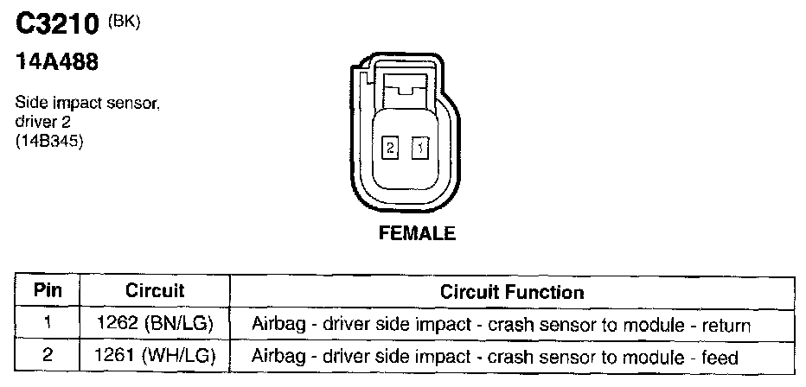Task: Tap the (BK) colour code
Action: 124,22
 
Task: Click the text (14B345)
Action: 49,142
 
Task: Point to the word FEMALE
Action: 417,233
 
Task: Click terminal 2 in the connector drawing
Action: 390,149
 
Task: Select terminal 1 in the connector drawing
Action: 419,149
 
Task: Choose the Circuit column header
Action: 155,291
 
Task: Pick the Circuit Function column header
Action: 512,292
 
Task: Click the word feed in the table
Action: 720,357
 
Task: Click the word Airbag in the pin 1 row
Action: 275,326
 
